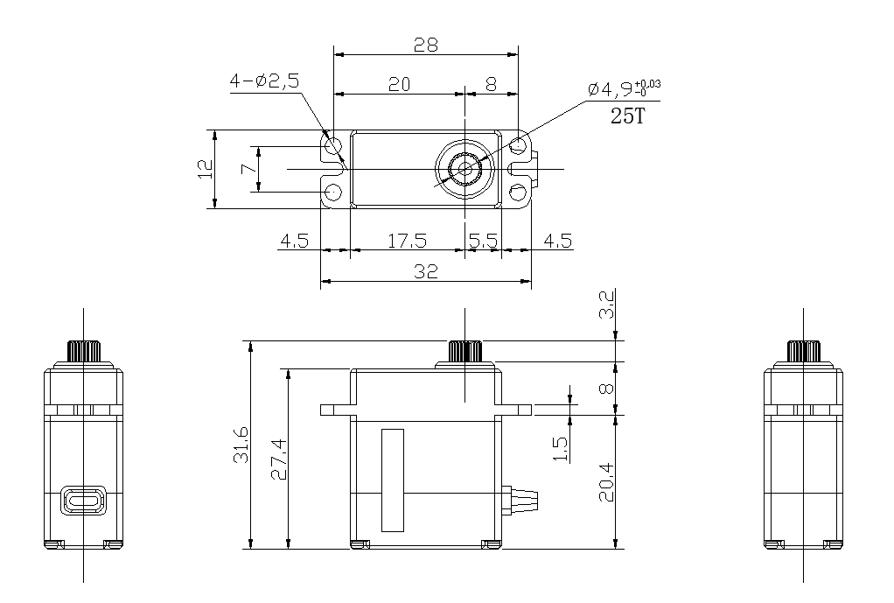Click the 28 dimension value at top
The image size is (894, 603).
[x=426, y=45]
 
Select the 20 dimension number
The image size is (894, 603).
[x=399, y=84]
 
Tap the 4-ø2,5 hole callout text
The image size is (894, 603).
[x=264, y=81]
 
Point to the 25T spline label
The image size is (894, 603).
[x=627, y=116]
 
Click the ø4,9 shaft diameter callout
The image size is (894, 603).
[x=624, y=89]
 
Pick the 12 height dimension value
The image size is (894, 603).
[x=205, y=170]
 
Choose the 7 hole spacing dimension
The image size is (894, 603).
[x=248, y=169]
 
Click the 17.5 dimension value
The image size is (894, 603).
[x=407, y=241]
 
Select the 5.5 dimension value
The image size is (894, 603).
[x=483, y=241]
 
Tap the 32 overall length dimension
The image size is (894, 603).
[x=426, y=271]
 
